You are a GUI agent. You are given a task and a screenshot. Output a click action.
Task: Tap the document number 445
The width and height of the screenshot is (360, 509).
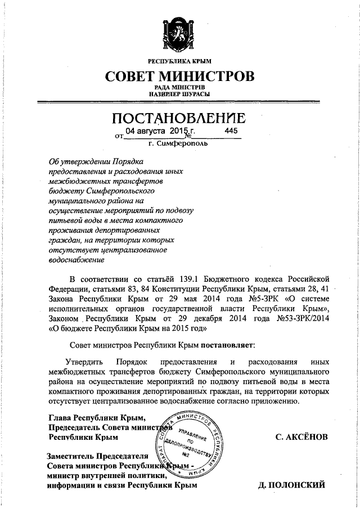[231, 131]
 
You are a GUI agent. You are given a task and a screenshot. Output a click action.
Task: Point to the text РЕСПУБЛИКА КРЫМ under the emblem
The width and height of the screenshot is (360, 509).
[179, 60]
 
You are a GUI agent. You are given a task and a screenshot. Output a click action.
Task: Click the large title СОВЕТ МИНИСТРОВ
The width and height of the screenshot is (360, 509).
[179, 76]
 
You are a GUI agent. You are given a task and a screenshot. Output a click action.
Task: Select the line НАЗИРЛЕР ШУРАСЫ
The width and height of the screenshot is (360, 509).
[179, 94]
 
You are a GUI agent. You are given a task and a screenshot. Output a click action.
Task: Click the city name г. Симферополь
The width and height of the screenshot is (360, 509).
[179, 144]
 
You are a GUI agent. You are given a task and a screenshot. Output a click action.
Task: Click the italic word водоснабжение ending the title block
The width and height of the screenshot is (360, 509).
[77, 259]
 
